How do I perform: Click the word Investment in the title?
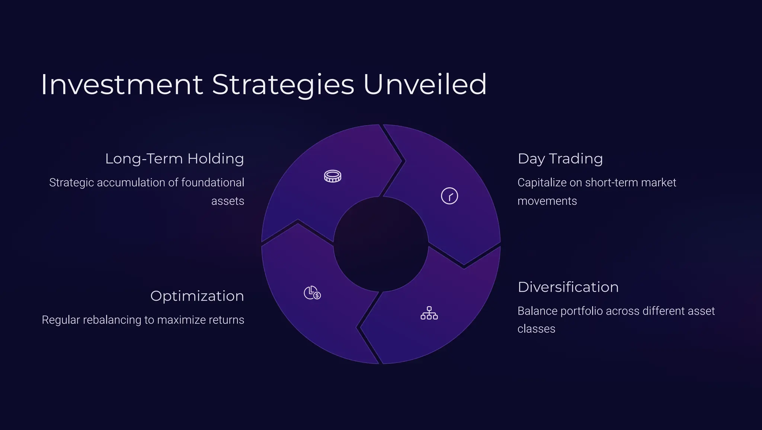(122, 85)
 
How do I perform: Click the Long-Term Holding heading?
(174, 159)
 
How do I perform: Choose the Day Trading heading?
(560, 159)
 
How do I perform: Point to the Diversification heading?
(568, 287)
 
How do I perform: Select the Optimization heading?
(197, 296)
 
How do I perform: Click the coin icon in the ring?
(332, 176)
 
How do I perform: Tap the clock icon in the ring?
(449, 196)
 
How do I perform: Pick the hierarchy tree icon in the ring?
(429, 313)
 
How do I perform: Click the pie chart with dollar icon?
(312, 293)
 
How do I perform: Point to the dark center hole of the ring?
(381, 244)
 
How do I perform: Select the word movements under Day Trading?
(547, 201)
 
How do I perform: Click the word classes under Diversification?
(536, 329)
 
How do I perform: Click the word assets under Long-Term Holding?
(227, 201)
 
